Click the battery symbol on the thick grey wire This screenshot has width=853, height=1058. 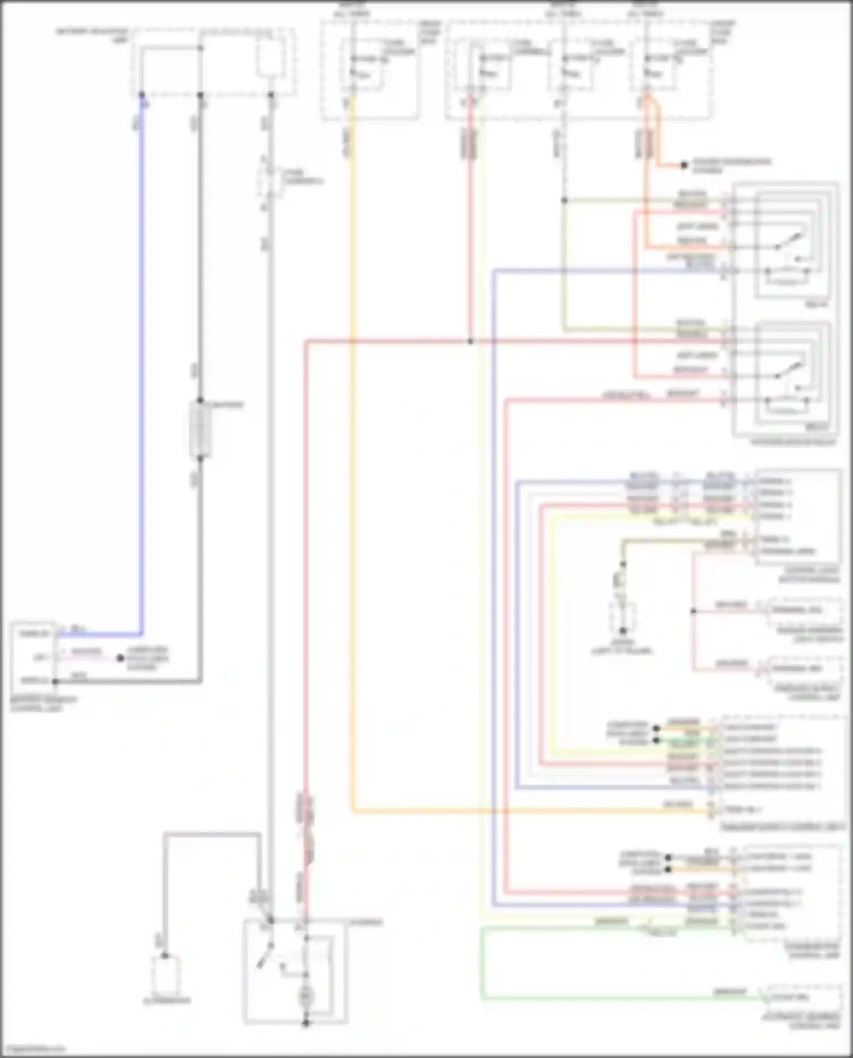(x=200, y=429)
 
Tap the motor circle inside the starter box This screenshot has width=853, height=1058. (x=306, y=995)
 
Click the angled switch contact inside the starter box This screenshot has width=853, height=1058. (x=264, y=955)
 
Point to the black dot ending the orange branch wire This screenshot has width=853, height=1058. (x=684, y=165)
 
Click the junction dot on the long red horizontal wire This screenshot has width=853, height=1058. (x=470, y=341)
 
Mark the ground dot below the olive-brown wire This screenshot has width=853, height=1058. (x=623, y=630)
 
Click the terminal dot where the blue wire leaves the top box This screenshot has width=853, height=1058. (x=142, y=95)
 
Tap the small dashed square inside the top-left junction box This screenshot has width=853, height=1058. (x=270, y=57)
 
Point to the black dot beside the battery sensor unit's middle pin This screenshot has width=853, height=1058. (x=120, y=658)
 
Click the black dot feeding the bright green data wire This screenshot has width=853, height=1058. (x=657, y=740)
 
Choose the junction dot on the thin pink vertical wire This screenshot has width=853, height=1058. (x=693, y=611)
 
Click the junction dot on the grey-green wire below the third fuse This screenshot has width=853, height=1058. (x=564, y=200)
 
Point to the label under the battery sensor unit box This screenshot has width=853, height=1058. (x=43, y=704)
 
